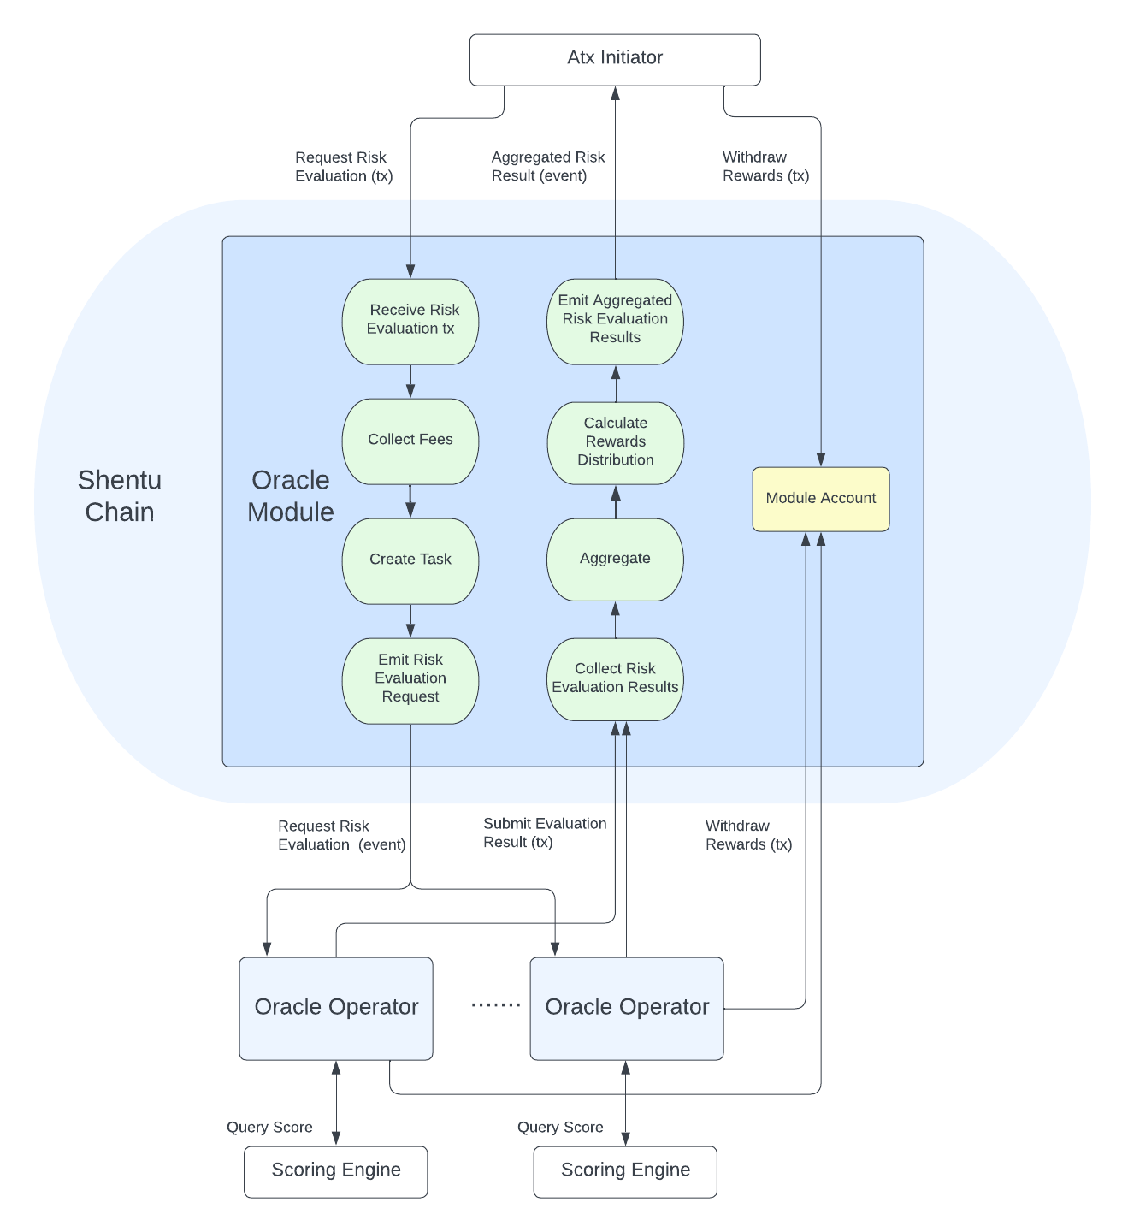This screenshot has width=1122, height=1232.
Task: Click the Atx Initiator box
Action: point(615,60)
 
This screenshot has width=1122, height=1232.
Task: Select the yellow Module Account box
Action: point(820,499)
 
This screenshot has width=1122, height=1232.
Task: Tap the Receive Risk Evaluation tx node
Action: point(410,321)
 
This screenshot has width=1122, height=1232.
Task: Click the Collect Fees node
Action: point(410,441)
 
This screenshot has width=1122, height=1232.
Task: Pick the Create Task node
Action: point(410,560)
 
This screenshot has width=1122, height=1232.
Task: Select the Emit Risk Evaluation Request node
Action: point(410,680)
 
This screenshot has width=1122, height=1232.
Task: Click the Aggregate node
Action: point(615,559)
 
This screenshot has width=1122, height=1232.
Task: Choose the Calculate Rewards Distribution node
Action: point(616,443)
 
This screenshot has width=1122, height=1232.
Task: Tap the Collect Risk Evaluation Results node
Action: point(615,678)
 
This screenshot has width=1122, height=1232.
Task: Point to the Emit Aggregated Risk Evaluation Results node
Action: point(615,321)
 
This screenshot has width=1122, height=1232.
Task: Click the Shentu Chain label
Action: point(120,495)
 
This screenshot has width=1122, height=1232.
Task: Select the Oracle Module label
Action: point(291,495)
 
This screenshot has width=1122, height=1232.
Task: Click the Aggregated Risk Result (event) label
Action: point(548,167)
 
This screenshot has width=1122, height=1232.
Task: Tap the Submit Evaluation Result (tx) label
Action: point(545,832)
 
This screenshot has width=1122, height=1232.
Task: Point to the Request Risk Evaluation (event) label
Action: point(341,835)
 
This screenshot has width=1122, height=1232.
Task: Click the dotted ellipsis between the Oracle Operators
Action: point(496,1005)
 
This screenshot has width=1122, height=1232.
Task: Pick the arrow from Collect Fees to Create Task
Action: point(410,501)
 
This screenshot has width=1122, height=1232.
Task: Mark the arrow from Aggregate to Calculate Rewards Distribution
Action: point(616,501)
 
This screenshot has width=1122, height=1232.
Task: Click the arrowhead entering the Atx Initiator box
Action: point(615,92)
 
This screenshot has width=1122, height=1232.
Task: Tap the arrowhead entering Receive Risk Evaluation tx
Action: point(410,271)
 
